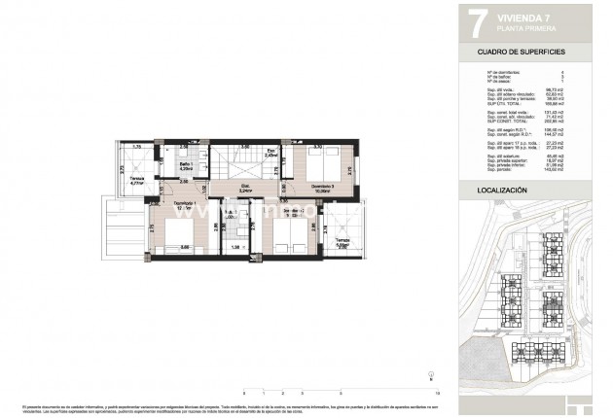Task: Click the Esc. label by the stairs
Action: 273,152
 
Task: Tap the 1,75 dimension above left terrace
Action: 138,147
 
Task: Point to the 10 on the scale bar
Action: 439,392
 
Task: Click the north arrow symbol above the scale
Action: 432,375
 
